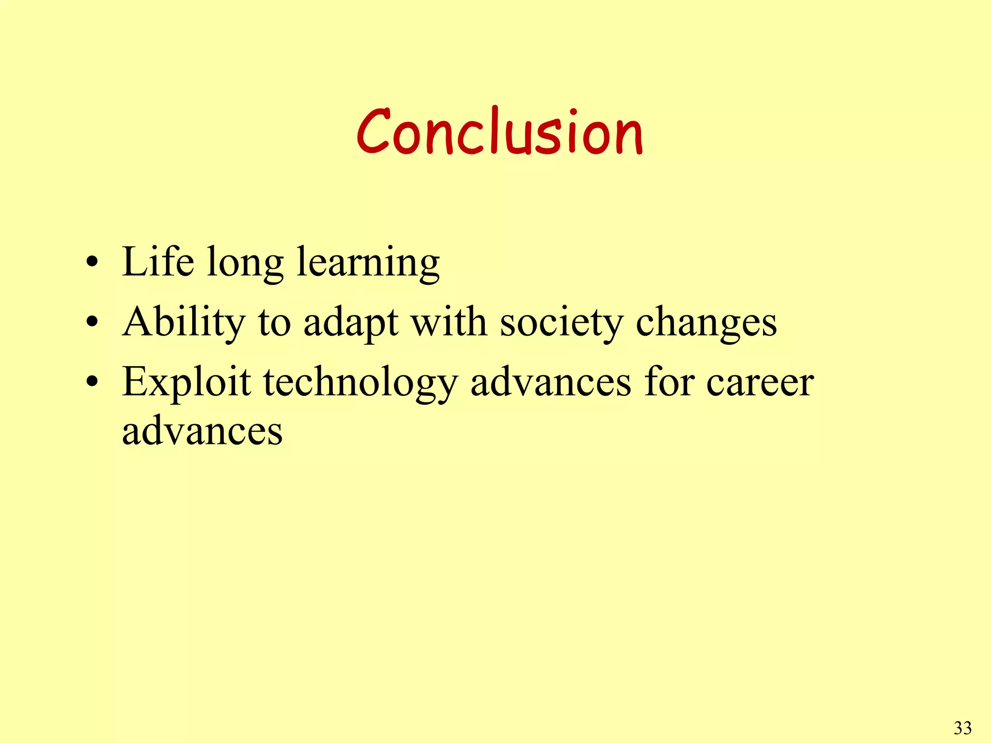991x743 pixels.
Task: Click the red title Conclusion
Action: (x=499, y=132)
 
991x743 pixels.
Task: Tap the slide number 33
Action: (x=962, y=728)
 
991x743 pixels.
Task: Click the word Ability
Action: (x=184, y=323)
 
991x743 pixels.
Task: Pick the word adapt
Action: (x=351, y=324)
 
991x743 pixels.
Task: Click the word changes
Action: (x=706, y=324)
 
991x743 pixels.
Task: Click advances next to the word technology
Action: (x=551, y=383)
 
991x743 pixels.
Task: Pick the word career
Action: (x=760, y=384)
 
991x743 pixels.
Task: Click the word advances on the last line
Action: (x=202, y=431)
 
